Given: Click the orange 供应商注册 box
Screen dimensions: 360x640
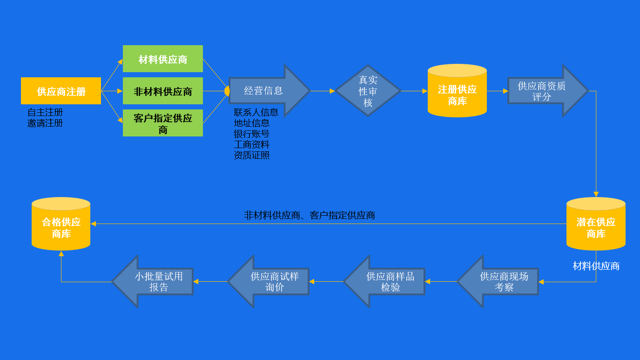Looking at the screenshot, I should [x=61, y=91].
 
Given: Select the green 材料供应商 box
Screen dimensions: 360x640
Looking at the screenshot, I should [x=163, y=59].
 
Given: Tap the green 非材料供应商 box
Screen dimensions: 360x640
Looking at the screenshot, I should [x=163, y=91].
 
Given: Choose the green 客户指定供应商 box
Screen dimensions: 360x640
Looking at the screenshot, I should [x=163, y=123].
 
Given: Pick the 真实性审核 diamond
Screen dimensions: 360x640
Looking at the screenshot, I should [x=368, y=91].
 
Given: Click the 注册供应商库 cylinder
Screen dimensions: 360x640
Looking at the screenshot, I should [x=457, y=93].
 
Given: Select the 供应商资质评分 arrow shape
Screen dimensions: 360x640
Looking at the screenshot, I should [x=542, y=91].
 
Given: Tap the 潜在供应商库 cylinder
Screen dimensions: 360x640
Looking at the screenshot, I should [x=596, y=226].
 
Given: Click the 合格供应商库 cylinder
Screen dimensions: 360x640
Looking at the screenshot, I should [x=61, y=226].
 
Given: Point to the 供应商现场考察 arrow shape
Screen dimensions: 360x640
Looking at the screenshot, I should [x=503, y=281].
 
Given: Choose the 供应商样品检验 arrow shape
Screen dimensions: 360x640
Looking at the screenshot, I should [x=389, y=281].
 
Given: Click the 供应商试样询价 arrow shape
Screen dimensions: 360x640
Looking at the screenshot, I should [x=274, y=281].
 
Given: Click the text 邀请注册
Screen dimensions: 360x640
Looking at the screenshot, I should [x=45, y=123].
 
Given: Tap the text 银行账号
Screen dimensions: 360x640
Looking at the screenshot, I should [x=252, y=134].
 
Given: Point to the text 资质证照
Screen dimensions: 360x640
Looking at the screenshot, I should [x=252, y=155].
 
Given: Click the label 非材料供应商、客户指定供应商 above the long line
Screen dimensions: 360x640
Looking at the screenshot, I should [x=310, y=215].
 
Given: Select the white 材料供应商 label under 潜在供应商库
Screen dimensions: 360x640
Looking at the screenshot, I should [x=596, y=266].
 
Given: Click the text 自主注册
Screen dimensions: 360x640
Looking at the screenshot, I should [x=45, y=112].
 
